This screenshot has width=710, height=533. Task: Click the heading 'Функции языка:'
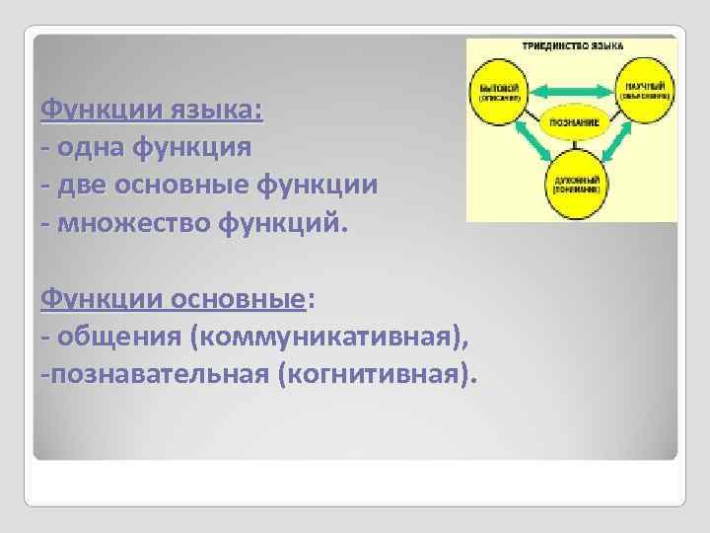coord(152,109)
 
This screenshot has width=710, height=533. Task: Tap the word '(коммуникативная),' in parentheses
coord(328,336)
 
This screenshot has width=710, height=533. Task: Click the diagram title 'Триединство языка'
coord(573,46)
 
